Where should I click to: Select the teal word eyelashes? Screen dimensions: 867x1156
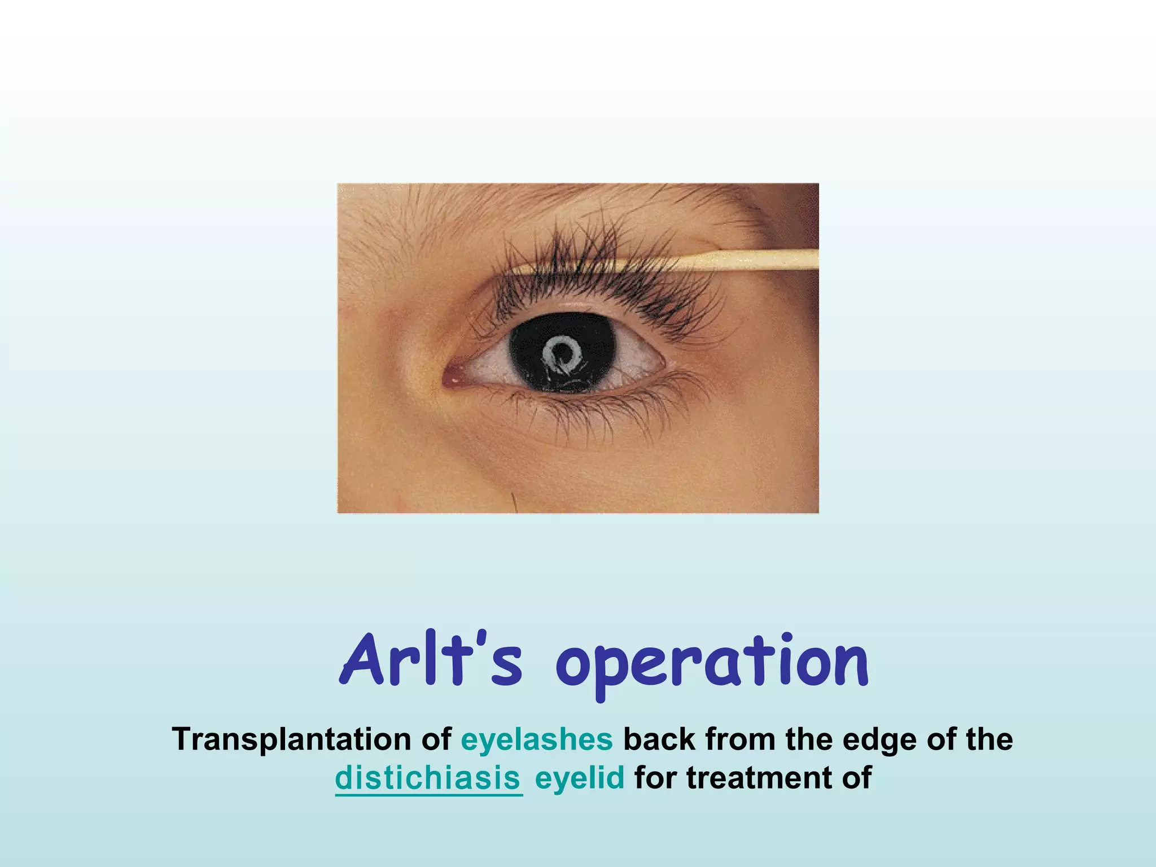pyautogui.click(x=537, y=739)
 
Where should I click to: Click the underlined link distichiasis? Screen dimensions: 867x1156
pyautogui.click(x=428, y=778)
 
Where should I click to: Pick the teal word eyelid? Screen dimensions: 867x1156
pyautogui.click(x=580, y=778)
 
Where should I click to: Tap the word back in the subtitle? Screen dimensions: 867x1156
pyautogui.click(x=659, y=739)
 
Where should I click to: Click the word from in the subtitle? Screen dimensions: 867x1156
pyautogui.click(x=740, y=739)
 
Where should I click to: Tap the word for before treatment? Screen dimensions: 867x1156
pyautogui.click(x=655, y=778)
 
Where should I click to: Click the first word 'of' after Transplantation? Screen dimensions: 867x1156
pyautogui.click(x=436, y=739)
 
